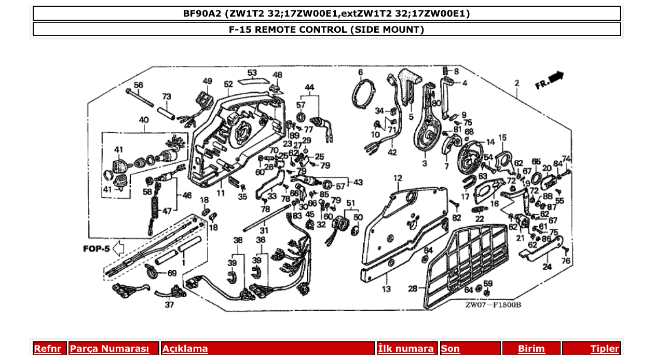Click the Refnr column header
click(47, 349)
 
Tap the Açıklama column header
click(185, 349)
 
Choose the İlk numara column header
click(406, 349)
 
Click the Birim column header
click(532, 349)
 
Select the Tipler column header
click(605, 349)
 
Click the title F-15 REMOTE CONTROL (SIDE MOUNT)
click(326, 30)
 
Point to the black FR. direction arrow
click(556, 77)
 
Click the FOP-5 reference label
click(96, 249)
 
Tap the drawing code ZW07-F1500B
click(493, 304)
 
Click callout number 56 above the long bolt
click(139, 85)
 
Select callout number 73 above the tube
click(167, 96)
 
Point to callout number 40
click(143, 120)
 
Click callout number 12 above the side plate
click(398, 178)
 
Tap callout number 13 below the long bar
click(386, 289)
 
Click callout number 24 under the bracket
click(547, 268)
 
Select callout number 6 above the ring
click(360, 73)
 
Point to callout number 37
click(169, 305)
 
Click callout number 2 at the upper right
click(517, 83)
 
